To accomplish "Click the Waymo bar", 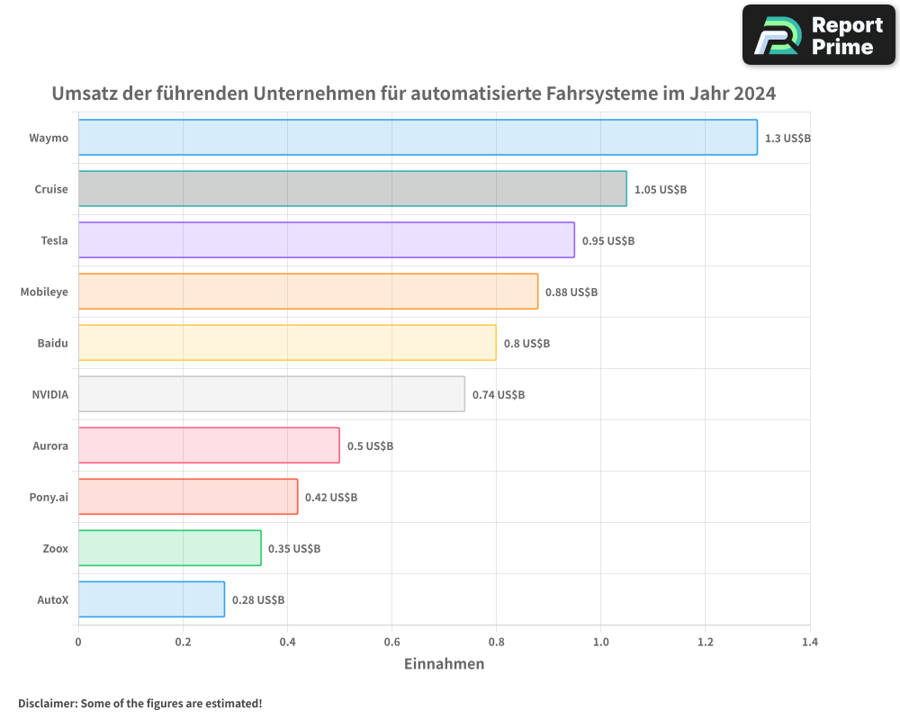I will (x=418, y=138).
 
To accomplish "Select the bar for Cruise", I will (x=352, y=189).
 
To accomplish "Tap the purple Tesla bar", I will (x=326, y=240).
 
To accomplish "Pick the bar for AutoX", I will (x=151, y=599).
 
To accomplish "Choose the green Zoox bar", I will (x=169, y=548).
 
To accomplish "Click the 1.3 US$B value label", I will (x=787, y=139).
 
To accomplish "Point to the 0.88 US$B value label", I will (x=571, y=292).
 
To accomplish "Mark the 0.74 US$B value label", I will (x=499, y=395).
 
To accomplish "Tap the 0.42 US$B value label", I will (x=331, y=498).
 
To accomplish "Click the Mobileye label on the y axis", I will (x=44, y=292).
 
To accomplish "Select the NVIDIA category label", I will (x=49, y=394).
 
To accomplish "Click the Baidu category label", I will (x=52, y=343).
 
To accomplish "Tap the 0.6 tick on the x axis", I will (x=391, y=643).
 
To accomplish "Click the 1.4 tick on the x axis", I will (x=809, y=643).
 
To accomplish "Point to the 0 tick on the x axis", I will (x=78, y=643).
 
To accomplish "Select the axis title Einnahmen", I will (x=444, y=664).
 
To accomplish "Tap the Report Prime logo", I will (x=818, y=35).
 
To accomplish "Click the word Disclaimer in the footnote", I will (x=47, y=703).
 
